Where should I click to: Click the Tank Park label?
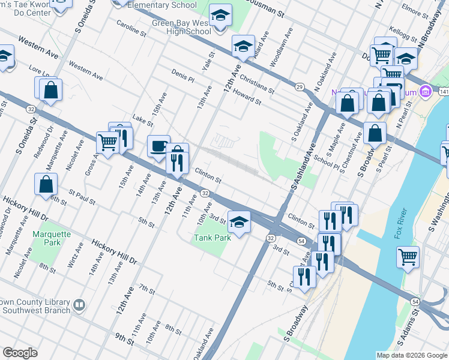coord(212,238)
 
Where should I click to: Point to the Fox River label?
coord(401,223)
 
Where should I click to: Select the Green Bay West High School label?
coord(181,28)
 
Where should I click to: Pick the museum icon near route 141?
coord(426,92)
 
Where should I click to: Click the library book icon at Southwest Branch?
coord(79,306)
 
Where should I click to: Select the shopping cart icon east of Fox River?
coord(408,256)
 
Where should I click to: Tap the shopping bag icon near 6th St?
coord(46,184)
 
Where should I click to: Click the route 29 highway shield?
coord(299,88)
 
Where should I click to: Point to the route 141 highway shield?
coord(443,92)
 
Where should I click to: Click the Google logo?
coord(20,353)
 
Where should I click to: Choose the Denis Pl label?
coord(183,75)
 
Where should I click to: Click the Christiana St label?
coord(257,83)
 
